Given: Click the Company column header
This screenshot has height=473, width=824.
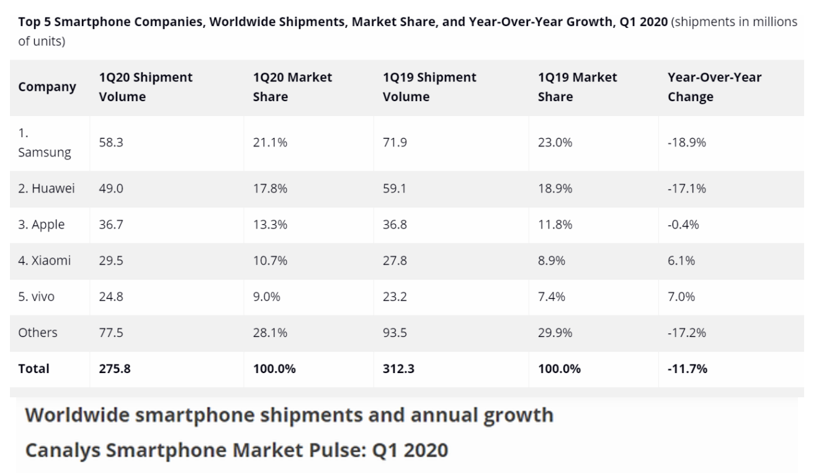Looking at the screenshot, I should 47,87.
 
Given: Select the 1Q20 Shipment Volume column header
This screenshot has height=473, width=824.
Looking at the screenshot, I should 145,87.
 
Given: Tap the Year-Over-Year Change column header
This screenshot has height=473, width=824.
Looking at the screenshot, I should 714,87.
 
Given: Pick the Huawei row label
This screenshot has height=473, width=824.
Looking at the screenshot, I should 47,189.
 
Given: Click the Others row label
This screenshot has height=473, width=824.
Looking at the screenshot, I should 38,333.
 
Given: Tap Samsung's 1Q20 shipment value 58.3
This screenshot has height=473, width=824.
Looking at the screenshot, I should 111,143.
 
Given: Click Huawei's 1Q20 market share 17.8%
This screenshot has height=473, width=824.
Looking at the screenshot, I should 270,189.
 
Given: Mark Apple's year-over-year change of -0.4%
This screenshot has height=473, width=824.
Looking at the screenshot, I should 683,225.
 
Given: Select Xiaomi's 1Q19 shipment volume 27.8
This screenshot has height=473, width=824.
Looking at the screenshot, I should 395,261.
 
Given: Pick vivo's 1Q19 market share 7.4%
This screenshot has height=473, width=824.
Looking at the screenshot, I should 552,297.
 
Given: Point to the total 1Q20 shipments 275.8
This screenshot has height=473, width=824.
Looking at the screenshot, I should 115,369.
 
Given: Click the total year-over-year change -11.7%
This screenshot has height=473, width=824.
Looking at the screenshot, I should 687,369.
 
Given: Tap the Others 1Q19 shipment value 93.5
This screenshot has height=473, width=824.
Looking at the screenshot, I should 395,333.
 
